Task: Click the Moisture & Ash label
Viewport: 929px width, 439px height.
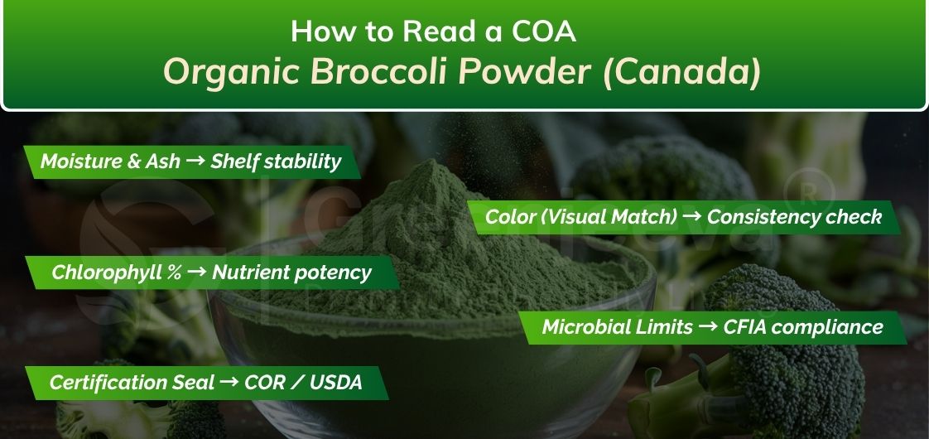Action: coord(110,162)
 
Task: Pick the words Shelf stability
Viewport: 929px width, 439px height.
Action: coord(276,162)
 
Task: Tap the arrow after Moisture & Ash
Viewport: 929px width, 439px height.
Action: coord(195,162)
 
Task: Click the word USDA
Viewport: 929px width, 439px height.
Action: coord(335,383)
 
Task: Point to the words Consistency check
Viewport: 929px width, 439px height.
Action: coord(794,217)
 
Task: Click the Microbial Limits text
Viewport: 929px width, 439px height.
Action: coord(617,327)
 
